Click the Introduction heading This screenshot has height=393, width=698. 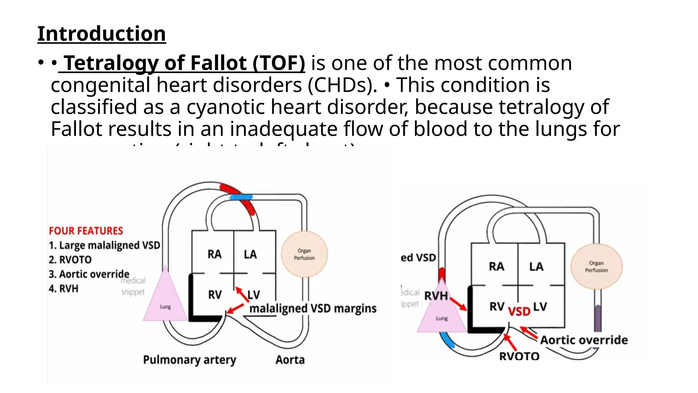point(102,34)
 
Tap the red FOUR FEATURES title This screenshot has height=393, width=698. point(86,231)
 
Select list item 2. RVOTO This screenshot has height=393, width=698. point(70,260)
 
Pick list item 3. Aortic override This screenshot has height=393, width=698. point(89,274)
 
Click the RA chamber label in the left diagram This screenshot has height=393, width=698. point(214,254)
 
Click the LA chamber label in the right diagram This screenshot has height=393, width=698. point(536,266)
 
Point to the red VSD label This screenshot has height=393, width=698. point(519,311)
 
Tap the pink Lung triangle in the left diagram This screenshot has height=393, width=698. point(165,300)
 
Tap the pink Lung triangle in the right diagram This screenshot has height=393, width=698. point(442,312)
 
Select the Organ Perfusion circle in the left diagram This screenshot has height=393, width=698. point(304,254)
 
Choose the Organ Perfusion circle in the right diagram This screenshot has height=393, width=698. point(596,266)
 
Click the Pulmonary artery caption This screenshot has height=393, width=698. point(189,360)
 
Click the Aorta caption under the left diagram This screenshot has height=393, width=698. point(290,360)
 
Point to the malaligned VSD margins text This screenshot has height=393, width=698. point(313,308)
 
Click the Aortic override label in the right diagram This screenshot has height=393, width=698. point(584,340)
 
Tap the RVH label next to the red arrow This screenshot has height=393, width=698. point(436,296)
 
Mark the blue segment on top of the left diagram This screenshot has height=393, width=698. point(241,197)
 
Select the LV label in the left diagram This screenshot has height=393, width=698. point(254,294)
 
